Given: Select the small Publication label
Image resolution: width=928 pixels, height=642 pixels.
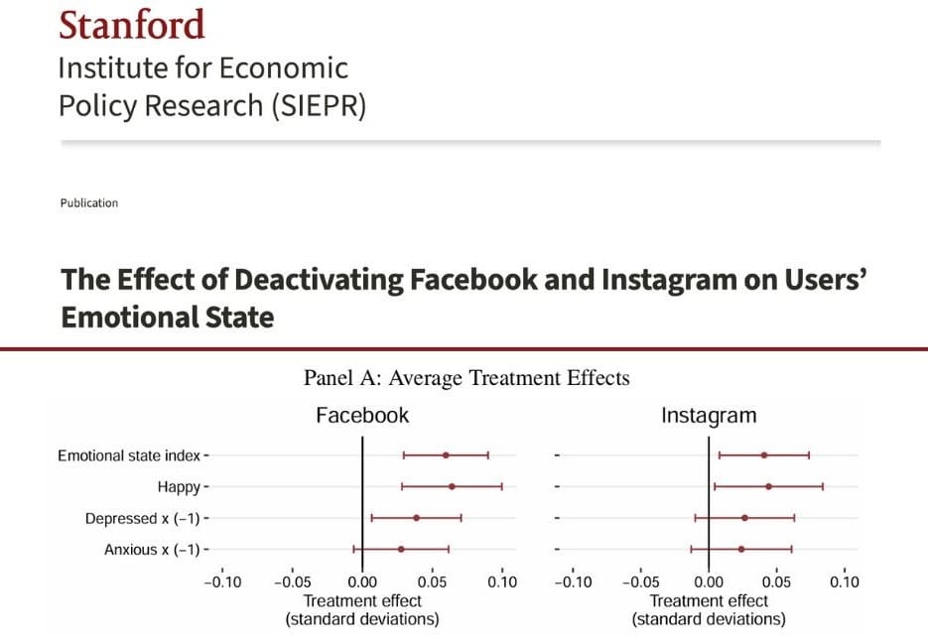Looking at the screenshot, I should [88, 203].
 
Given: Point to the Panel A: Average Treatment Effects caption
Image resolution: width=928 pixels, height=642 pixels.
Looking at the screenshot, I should [465, 378].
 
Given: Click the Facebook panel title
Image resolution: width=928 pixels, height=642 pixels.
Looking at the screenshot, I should [362, 415].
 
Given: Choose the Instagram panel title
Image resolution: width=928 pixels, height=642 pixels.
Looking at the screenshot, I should [709, 415].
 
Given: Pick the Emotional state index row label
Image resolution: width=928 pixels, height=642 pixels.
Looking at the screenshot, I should [128, 455].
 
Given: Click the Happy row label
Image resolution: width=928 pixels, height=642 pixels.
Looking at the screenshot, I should [179, 487].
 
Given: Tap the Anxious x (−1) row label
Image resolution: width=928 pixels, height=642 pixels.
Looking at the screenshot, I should [152, 549].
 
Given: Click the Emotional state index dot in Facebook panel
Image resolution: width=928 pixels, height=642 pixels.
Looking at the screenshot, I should [446, 455].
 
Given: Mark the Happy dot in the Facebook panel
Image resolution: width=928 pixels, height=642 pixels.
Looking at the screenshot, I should [452, 487].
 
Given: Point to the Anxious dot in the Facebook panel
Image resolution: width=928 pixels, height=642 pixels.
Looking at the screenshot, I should [401, 549].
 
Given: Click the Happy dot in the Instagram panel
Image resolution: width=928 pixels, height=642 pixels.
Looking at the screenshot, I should [768, 487].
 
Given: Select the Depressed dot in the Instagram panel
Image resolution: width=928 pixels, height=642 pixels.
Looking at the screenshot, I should [744, 518].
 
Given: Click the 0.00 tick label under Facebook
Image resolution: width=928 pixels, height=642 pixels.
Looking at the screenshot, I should [362, 582].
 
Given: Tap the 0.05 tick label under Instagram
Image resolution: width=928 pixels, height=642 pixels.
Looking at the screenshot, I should [776, 582].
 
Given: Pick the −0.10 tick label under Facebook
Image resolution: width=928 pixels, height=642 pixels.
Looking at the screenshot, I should [222, 582].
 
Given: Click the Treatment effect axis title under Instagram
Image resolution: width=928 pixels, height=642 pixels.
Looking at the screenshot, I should [709, 601].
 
